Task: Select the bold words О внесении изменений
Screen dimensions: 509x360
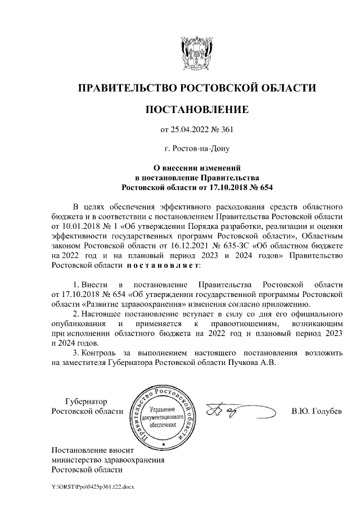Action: [x=197, y=167]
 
